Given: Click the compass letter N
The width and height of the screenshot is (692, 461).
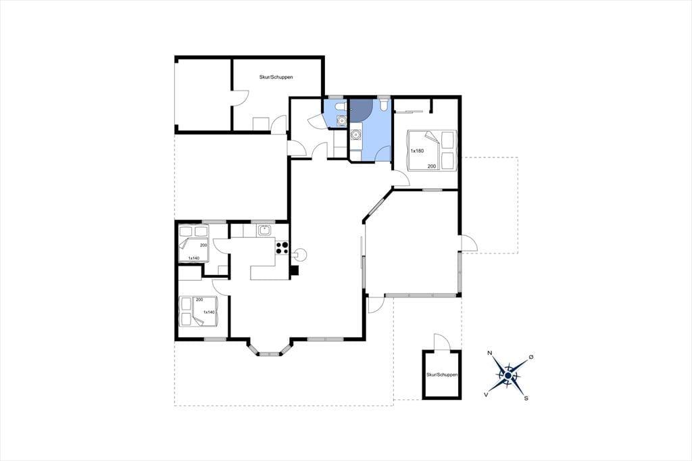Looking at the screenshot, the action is pos(489,354).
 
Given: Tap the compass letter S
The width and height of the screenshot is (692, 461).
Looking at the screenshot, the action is pos(526,398).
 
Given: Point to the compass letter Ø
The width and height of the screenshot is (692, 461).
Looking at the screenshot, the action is pos(531,357).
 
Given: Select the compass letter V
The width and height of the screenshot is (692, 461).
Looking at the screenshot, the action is pos(486,395).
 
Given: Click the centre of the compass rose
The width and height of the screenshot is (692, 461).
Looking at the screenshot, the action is pos(508,375).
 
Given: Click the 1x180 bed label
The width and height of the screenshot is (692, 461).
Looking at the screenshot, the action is pos(417,151).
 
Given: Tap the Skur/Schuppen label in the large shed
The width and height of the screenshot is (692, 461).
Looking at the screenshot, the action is pos(276,77).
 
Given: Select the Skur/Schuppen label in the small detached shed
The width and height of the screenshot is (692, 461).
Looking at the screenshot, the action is pos(442,375).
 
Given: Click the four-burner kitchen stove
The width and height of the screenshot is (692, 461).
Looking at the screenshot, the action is pos(282,248).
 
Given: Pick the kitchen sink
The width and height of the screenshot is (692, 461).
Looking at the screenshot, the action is pos(265,230).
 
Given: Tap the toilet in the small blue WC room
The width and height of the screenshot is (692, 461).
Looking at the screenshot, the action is pos(340,106).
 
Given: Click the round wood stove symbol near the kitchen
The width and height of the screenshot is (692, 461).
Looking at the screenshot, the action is pos(301,254).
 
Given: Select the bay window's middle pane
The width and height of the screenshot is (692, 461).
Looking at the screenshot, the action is pos(270,354).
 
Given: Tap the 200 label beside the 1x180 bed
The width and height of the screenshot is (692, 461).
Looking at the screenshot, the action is pos(431,166).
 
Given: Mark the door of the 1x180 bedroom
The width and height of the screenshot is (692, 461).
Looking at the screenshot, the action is pos(399,179).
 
